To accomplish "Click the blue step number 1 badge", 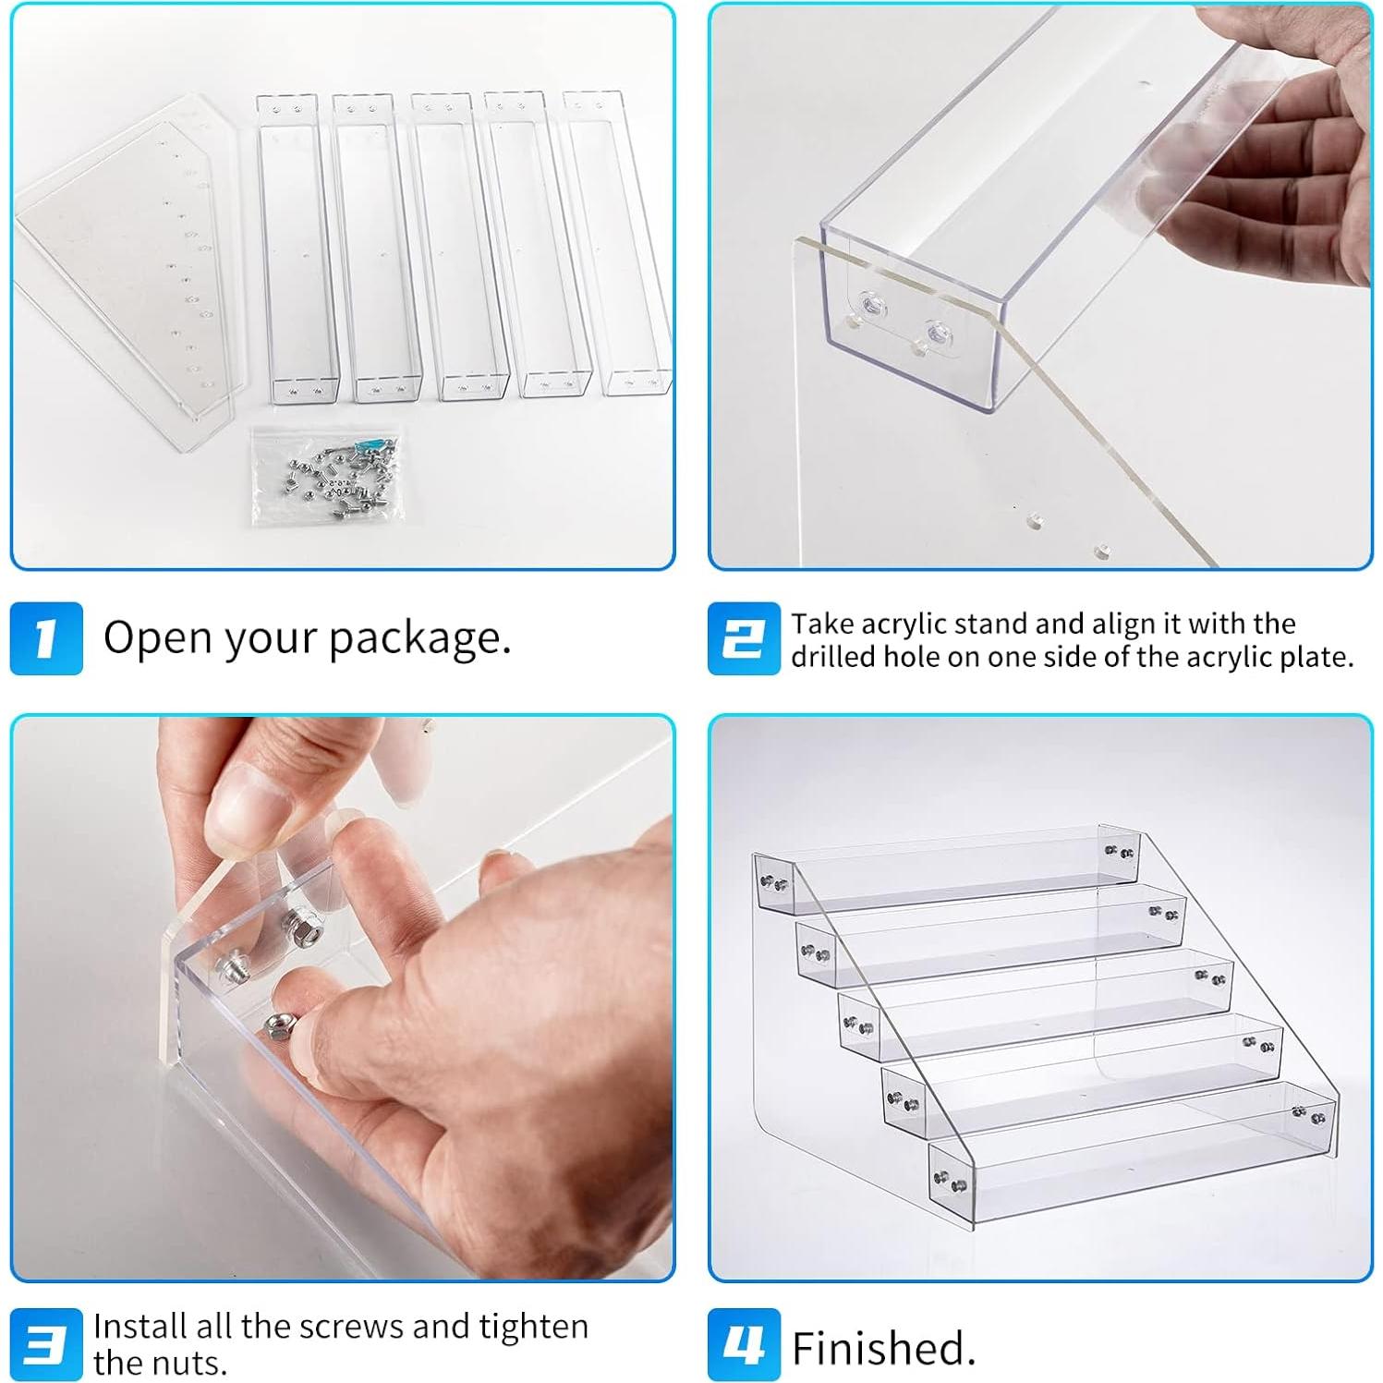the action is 46,638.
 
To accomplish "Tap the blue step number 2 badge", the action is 744,638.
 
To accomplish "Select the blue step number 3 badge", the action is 46,1344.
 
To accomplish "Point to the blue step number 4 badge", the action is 744,1344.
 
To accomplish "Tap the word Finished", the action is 883,1348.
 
